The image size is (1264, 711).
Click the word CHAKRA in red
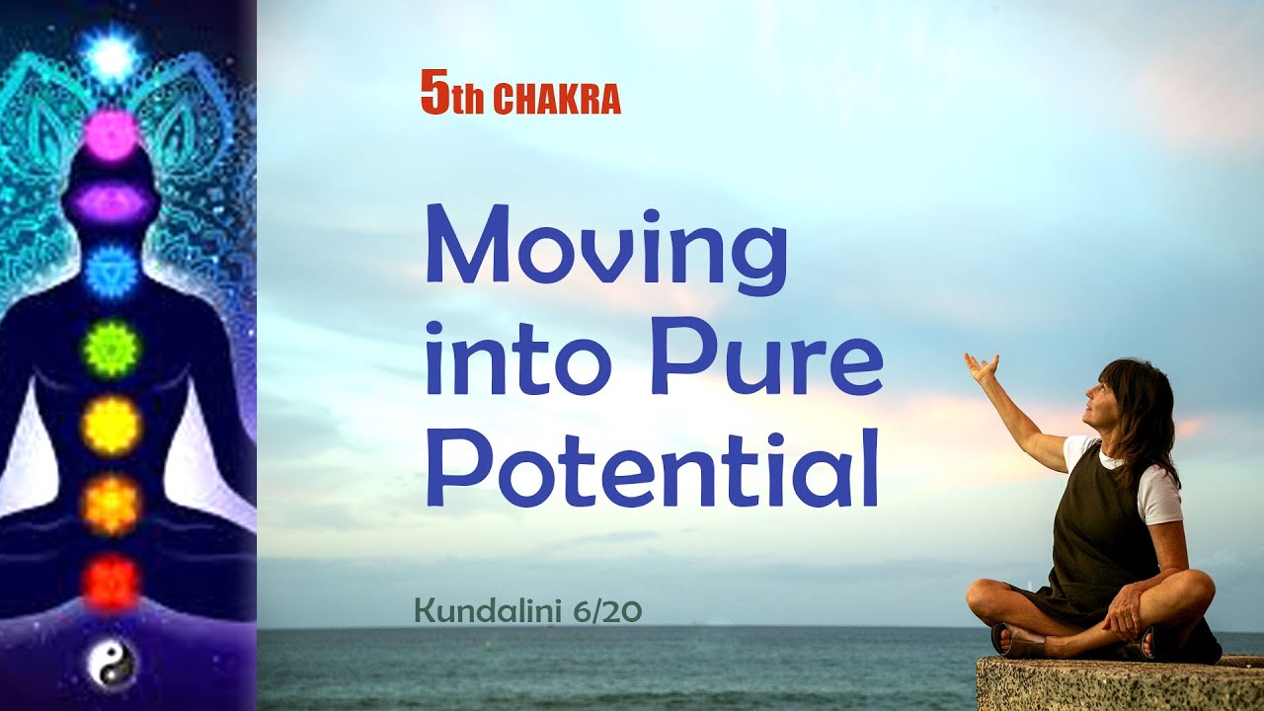point(556,101)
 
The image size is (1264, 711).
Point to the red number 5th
point(452,97)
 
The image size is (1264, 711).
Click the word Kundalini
point(490,611)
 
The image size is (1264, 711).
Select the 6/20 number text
point(607,611)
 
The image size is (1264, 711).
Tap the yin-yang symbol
point(110,662)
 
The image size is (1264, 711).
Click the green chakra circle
point(110,348)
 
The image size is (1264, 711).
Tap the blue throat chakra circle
point(110,271)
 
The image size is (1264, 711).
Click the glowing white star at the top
point(111,56)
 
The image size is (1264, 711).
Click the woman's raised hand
point(983,367)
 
